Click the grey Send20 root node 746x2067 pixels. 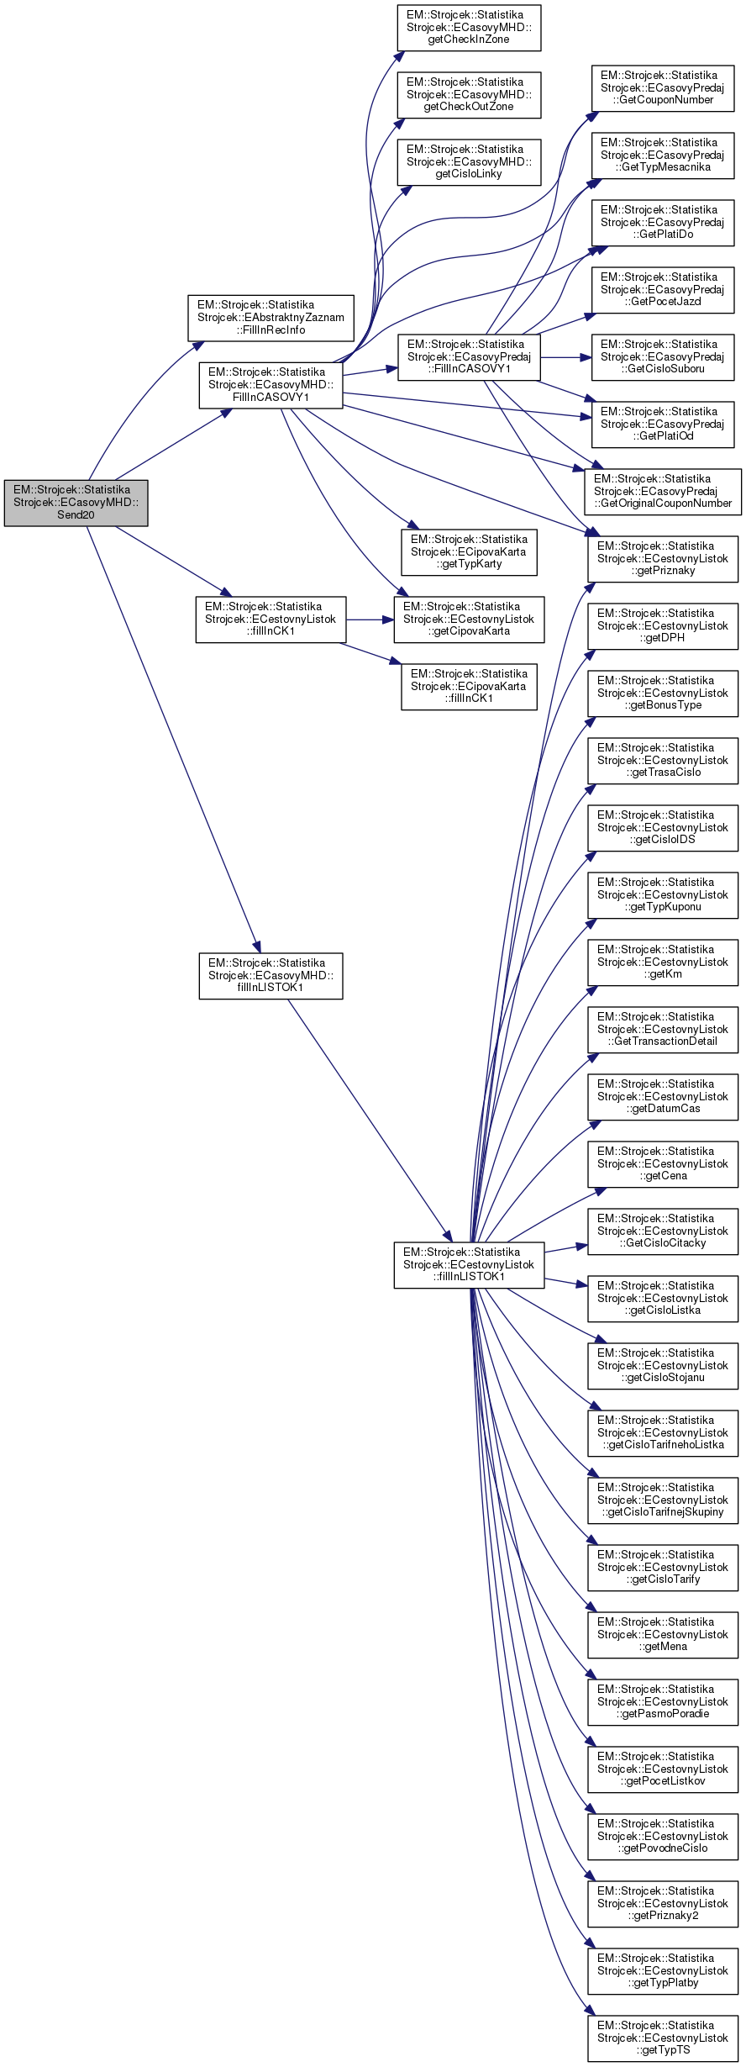[x=76, y=503]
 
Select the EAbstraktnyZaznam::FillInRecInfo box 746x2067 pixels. [x=271, y=318]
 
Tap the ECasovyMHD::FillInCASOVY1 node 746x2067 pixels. [x=271, y=385]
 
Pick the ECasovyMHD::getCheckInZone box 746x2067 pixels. [x=469, y=28]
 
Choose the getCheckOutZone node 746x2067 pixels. [x=469, y=95]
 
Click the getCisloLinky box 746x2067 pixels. [x=469, y=162]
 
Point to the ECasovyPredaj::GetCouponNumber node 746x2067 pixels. [x=662, y=88]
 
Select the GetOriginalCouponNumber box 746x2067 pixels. [x=663, y=492]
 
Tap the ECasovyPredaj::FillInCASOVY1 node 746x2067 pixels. [x=469, y=357]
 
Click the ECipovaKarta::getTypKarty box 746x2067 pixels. [x=469, y=552]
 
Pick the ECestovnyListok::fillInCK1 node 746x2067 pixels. [x=271, y=620]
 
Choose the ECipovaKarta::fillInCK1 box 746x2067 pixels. [x=469, y=687]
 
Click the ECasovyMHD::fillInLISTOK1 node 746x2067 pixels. [x=271, y=976]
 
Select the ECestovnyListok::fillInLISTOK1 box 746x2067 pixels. [x=469, y=1265]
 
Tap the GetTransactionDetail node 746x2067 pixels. [x=663, y=1030]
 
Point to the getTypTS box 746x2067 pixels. [x=663, y=2038]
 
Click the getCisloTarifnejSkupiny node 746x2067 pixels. [x=663, y=1500]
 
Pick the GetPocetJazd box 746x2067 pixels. [x=662, y=290]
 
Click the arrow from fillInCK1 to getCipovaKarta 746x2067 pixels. [x=370, y=620]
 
